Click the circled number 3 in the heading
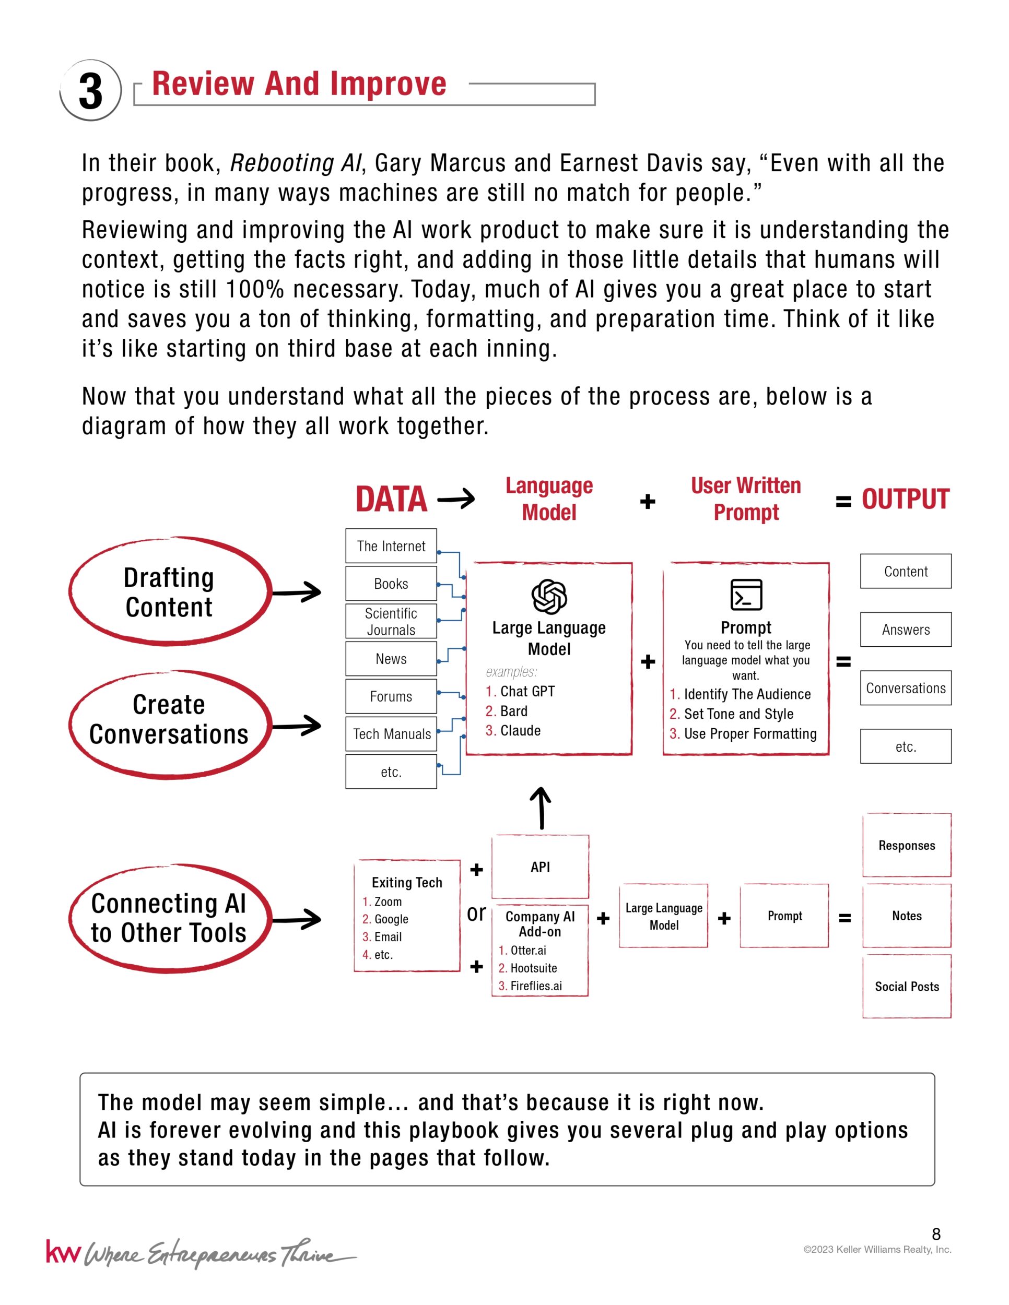tap(91, 91)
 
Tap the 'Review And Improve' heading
tap(299, 84)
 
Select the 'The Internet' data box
tap(391, 545)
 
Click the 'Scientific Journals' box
tap(391, 621)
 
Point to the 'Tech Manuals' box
tap(391, 734)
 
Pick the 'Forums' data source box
tap(391, 696)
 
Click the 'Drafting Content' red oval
tap(169, 591)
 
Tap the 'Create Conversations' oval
tap(169, 719)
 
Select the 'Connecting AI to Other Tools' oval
tap(169, 918)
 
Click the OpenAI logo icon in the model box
tap(549, 596)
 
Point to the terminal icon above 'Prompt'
tap(746, 595)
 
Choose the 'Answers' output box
tap(906, 629)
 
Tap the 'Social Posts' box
tap(906, 987)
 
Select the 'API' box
tap(540, 867)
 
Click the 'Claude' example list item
tap(520, 731)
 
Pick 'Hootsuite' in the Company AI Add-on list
tap(533, 968)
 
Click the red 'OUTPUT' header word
tap(905, 500)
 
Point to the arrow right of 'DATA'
tap(456, 499)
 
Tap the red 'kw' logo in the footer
tap(62, 1252)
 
